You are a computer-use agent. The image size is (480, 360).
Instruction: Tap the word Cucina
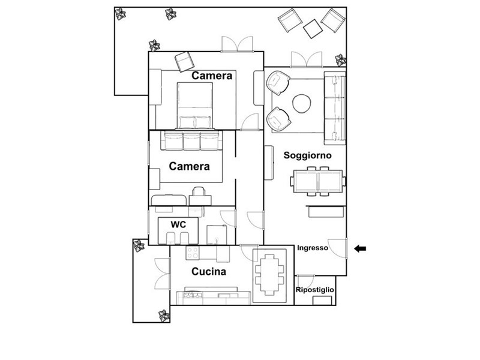[209, 272]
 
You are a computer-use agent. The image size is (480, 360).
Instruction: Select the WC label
[178, 224]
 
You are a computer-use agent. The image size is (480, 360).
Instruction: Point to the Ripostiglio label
[314, 290]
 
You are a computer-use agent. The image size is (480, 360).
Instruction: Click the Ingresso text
[313, 248]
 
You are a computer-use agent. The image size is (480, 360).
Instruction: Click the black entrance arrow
[360, 248]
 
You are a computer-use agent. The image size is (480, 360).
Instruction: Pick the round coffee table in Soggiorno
[302, 103]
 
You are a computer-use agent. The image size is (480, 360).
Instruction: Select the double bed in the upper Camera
[194, 106]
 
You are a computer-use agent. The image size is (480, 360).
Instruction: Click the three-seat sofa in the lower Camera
[191, 140]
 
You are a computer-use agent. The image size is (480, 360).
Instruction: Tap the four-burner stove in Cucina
[193, 253]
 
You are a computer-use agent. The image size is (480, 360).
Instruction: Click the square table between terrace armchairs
[313, 29]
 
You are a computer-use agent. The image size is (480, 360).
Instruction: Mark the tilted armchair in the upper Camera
[185, 62]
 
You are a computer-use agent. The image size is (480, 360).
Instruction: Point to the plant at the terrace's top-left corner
[121, 14]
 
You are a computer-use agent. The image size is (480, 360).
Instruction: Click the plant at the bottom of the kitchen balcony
[164, 316]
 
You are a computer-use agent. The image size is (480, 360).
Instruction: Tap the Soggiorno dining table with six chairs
[318, 181]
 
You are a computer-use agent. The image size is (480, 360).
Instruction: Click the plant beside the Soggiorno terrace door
[340, 60]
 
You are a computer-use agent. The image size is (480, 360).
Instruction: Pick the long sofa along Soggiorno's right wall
[335, 108]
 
